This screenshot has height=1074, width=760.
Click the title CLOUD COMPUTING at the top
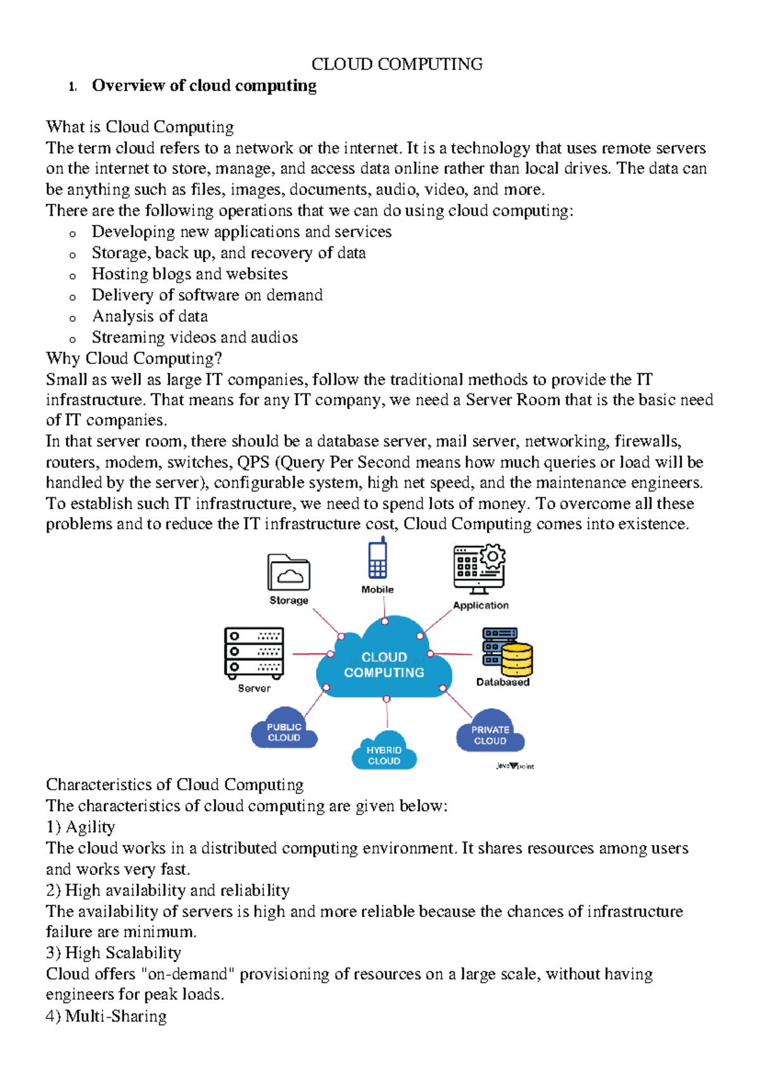pyautogui.click(x=396, y=64)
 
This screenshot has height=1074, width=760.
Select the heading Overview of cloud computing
pyautogui.click(x=204, y=85)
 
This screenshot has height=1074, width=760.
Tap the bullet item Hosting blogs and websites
pyautogui.click(x=189, y=274)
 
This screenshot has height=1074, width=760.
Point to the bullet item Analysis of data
pyautogui.click(x=150, y=316)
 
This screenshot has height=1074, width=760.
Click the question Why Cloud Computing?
pyautogui.click(x=134, y=358)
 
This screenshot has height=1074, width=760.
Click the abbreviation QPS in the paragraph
pyautogui.click(x=253, y=462)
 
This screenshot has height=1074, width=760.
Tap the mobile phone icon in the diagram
pyautogui.click(x=378, y=559)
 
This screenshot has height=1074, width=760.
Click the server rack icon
pyautogui.click(x=254, y=652)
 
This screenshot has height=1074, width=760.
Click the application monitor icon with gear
pyautogui.click(x=479, y=568)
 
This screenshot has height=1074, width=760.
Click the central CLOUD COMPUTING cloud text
pyautogui.click(x=384, y=665)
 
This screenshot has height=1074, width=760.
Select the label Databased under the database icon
pyautogui.click(x=502, y=682)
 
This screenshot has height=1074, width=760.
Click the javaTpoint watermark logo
pyautogui.click(x=515, y=766)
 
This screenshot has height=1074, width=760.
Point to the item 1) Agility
pyautogui.click(x=80, y=827)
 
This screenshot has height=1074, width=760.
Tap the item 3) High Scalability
pyautogui.click(x=113, y=953)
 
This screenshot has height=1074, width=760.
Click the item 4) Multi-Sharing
pyautogui.click(x=106, y=1016)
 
